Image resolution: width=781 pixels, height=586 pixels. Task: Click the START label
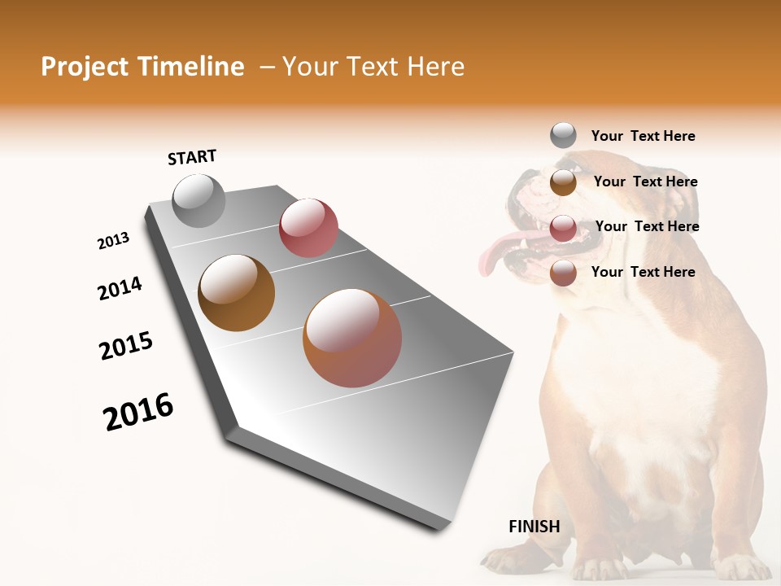click(192, 157)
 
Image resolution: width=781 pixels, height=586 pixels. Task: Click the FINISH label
click(534, 527)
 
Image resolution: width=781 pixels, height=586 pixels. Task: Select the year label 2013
click(113, 241)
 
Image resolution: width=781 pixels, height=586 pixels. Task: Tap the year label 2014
click(120, 288)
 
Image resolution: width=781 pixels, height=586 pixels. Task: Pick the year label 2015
click(126, 346)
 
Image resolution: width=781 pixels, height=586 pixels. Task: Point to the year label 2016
click(138, 412)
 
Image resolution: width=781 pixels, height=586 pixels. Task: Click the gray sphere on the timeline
click(199, 200)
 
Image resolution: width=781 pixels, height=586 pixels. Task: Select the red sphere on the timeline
click(308, 228)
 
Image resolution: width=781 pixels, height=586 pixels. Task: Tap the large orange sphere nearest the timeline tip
click(352, 338)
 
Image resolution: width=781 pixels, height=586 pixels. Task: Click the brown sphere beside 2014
click(237, 293)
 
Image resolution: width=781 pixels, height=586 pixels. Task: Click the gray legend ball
click(563, 135)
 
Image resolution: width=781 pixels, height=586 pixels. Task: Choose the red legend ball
click(563, 228)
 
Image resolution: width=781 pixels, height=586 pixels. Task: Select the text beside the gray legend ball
click(643, 136)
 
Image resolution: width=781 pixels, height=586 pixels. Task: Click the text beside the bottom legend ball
click(643, 272)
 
